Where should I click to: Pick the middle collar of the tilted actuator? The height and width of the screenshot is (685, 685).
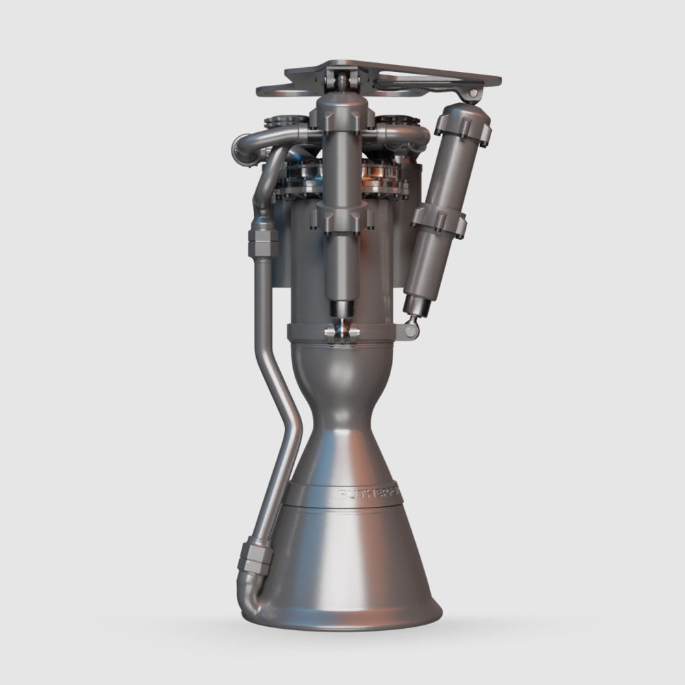tap(438, 222)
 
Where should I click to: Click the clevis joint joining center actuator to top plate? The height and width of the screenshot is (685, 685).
tap(340, 79)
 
